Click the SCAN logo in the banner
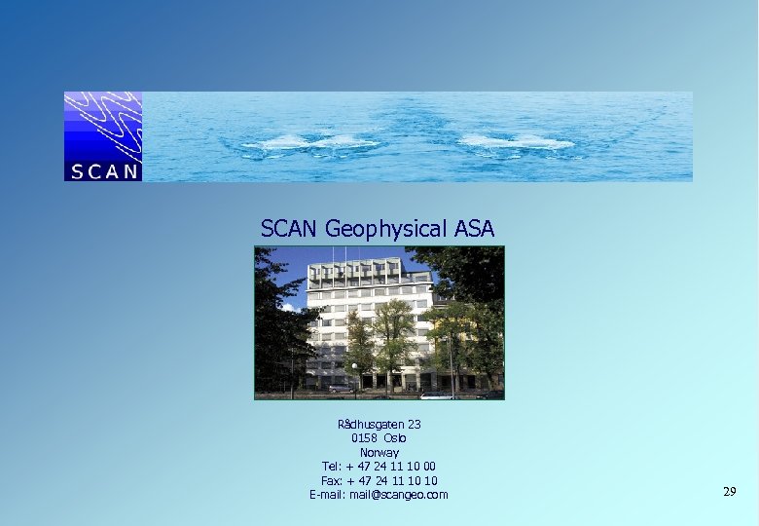103,137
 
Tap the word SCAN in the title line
290,229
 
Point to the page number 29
730,492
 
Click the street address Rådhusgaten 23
379,425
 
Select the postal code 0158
364,438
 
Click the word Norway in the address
379,453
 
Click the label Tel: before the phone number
332,467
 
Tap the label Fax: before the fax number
332,481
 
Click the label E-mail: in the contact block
328,495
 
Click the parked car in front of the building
341,388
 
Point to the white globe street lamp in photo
354,367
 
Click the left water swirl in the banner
309,142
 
